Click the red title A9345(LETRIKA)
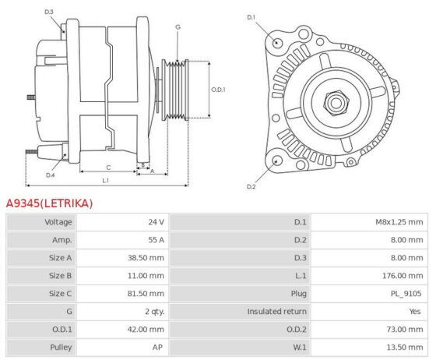click(x=49, y=203)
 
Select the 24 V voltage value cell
click(x=156, y=222)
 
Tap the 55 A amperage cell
click(x=156, y=240)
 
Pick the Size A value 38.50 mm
click(x=146, y=258)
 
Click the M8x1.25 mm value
click(x=399, y=222)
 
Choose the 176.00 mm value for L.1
click(x=403, y=276)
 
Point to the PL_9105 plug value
click(x=406, y=294)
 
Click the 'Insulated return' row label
click(x=276, y=312)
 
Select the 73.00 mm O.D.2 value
click(x=405, y=330)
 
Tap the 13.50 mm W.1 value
click(x=405, y=348)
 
